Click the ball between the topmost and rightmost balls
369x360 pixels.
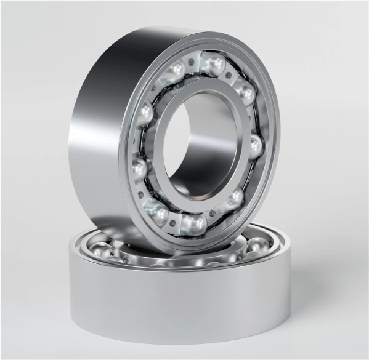coord(246,94)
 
